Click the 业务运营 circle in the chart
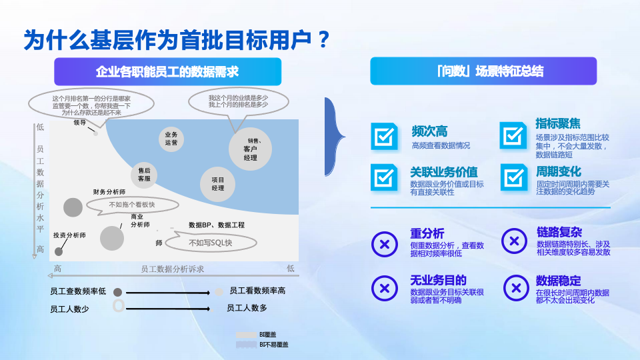[171, 138]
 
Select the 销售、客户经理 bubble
[251, 149]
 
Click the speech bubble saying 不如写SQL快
[211, 243]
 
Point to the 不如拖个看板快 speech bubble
[131, 205]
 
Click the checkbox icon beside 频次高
[384, 136]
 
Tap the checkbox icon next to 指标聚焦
[513, 135]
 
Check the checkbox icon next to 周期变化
[513, 177]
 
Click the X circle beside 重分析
[384, 243]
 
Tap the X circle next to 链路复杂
[514, 241]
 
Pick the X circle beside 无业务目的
[384, 287]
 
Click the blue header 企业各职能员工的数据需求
[168, 71]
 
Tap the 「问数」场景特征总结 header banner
[483, 71]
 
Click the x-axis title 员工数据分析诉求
[172, 269]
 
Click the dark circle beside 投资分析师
[59, 251]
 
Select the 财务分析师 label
[109, 192]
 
